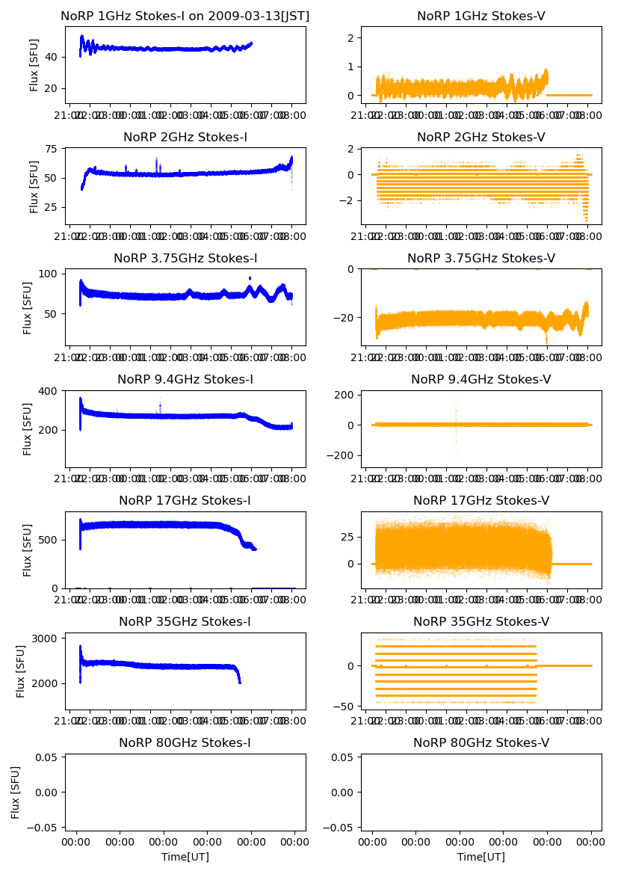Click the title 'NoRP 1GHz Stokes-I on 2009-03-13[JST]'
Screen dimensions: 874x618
(x=185, y=16)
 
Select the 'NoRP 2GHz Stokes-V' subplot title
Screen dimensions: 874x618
(x=481, y=137)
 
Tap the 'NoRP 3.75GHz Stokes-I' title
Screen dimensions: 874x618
(x=185, y=258)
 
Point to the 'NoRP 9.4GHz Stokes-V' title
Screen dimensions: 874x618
(x=481, y=379)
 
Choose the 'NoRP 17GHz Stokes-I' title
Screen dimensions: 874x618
(x=185, y=500)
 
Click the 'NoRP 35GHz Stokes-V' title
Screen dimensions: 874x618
(x=481, y=621)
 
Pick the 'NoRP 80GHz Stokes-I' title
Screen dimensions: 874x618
(x=185, y=742)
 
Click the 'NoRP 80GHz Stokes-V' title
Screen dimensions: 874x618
(x=481, y=742)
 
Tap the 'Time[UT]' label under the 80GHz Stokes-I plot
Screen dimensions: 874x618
(x=185, y=857)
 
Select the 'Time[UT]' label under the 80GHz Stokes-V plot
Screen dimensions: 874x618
(x=481, y=857)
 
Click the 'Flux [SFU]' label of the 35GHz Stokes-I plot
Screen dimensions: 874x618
(x=21, y=671)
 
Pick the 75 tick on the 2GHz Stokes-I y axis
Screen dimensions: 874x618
(x=52, y=149)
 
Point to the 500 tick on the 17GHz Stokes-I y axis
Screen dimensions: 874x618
(x=49, y=539)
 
